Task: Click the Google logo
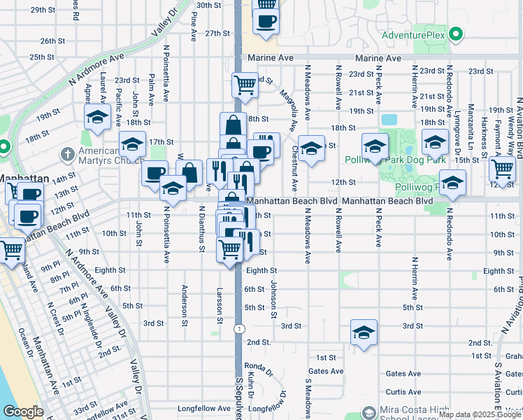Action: click(22, 412)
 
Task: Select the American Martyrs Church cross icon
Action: click(68, 153)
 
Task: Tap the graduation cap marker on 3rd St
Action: click(364, 333)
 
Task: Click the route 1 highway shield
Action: click(239, 328)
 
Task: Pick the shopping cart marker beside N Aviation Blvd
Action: click(503, 168)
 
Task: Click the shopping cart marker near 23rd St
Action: click(245, 85)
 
